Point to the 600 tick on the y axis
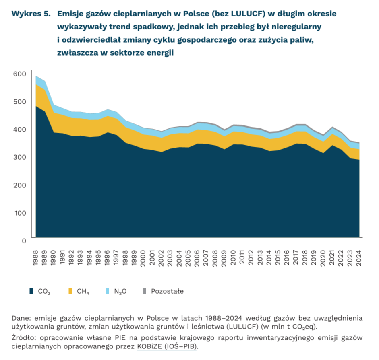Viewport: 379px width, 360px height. tap(19, 74)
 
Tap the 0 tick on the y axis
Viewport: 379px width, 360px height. tap(24, 241)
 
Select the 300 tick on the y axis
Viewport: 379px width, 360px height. tap(19, 157)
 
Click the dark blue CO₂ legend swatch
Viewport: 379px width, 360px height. tap(31, 291)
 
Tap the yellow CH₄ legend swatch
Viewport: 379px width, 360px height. tap(70, 291)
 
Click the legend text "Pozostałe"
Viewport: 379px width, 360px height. tap(167, 291)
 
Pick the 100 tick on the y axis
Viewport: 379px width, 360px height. tap(19, 213)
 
